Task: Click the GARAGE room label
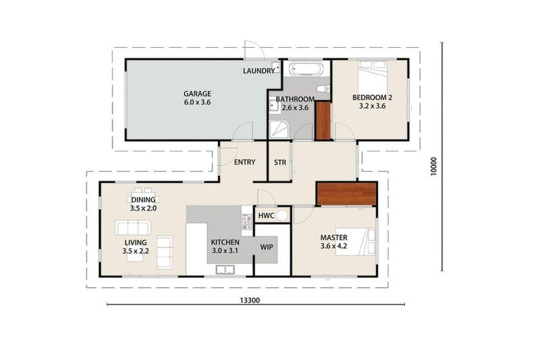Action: [197, 94]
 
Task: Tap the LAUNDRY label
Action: [258, 71]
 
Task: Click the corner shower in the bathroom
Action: [278, 129]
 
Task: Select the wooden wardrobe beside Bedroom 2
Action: [323, 121]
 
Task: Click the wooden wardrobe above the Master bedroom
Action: [348, 195]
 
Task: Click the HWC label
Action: [266, 215]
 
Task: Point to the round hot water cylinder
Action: [282, 215]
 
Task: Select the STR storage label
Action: [280, 162]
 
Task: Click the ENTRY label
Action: [244, 162]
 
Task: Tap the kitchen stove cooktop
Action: [247, 222]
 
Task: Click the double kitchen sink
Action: [226, 269]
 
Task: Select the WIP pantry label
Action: [266, 247]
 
